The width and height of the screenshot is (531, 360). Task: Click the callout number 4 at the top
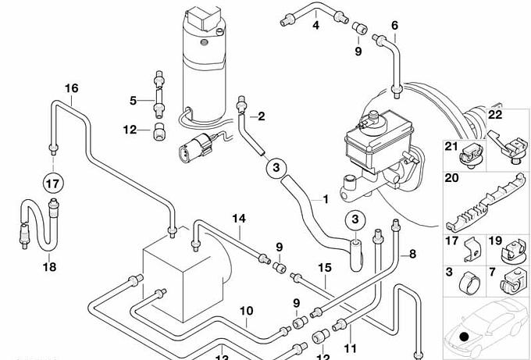[x=316, y=26]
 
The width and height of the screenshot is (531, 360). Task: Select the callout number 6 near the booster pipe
[x=395, y=26]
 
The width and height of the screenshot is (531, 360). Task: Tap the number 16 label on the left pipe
[x=71, y=88]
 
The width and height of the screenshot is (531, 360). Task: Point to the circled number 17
[x=52, y=185]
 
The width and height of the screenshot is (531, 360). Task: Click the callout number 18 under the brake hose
[x=49, y=266]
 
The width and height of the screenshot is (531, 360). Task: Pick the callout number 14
[x=238, y=218]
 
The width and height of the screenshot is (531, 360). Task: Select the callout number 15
[x=325, y=267]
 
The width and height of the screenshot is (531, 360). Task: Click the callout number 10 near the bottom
[x=246, y=312]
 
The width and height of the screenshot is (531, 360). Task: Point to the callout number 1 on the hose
[x=322, y=199]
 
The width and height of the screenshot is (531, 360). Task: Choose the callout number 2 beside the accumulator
[x=261, y=117]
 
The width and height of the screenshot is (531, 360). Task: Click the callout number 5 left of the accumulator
[x=134, y=100]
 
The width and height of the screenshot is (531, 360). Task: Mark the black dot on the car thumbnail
[x=465, y=337]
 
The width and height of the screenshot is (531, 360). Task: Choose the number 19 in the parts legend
[x=494, y=241]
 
